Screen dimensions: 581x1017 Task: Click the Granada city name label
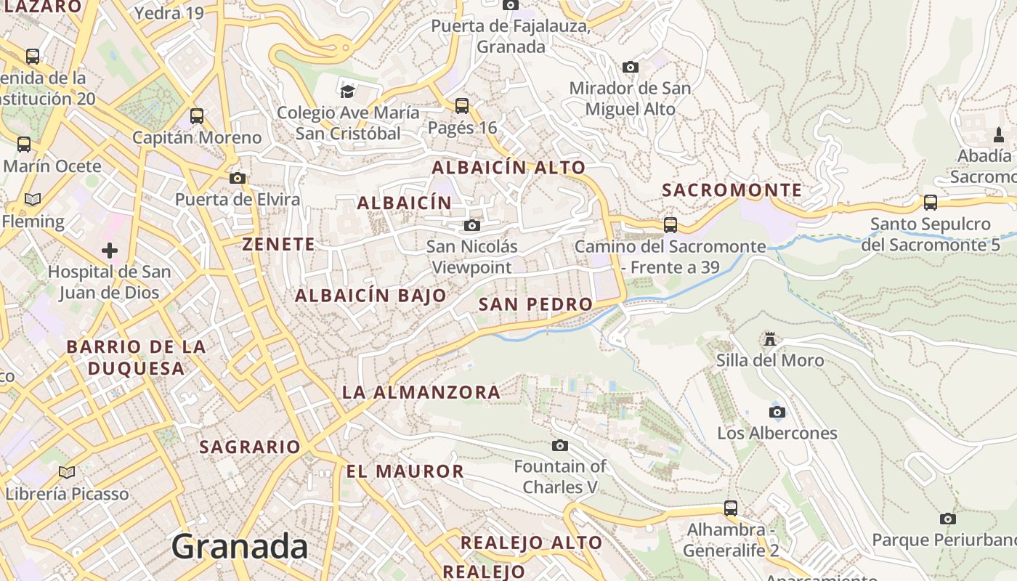[240, 546]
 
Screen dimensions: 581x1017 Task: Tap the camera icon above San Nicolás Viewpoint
[472, 226]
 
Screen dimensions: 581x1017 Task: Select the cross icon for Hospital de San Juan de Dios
[110, 251]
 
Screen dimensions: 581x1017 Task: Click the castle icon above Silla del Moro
[770, 338]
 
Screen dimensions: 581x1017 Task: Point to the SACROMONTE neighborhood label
[732, 190]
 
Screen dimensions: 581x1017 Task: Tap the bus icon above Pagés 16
[462, 106]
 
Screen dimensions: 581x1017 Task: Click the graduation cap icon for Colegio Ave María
[348, 92]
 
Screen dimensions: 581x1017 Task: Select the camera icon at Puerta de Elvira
[237, 178]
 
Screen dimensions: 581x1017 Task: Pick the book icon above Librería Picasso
[67, 473]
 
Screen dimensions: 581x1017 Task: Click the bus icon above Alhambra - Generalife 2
[731, 508]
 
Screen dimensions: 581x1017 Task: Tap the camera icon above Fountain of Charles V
[560, 445]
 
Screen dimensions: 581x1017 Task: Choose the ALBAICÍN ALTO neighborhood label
[508, 168]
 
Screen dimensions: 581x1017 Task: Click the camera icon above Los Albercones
[777, 413]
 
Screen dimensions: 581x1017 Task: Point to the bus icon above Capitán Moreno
[197, 116]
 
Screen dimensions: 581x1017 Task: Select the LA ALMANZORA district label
[421, 393]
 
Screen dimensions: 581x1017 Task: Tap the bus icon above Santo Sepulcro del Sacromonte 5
[930, 203]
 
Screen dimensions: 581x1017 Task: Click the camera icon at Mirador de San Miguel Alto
[631, 68]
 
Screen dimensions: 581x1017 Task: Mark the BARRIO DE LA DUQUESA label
[137, 357]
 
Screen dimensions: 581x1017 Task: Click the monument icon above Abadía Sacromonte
[999, 135]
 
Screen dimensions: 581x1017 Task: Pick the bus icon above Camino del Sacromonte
[670, 225]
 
